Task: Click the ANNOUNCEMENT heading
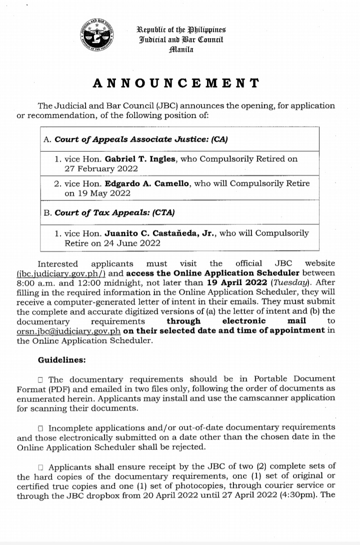click(x=176, y=83)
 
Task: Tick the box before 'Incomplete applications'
click(x=41, y=428)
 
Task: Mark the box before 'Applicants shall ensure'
click(x=41, y=467)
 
